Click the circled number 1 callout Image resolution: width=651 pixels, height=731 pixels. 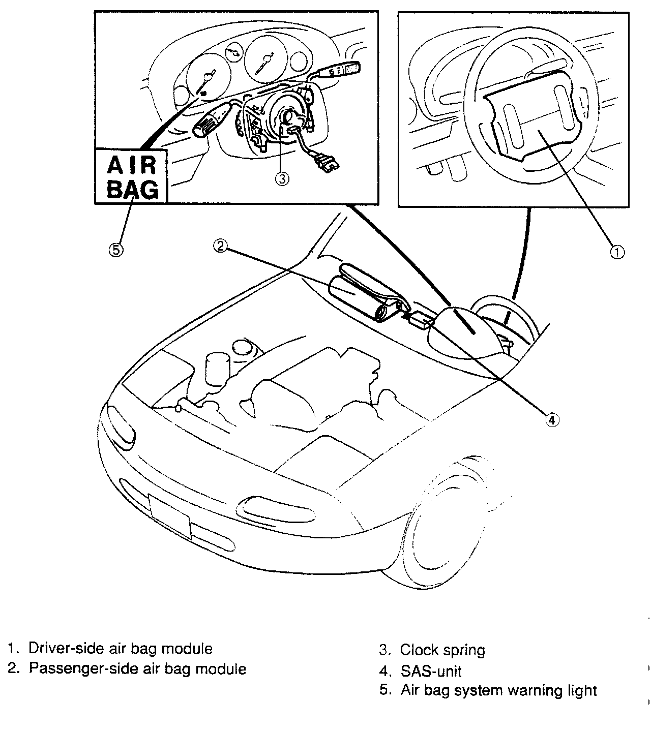617,252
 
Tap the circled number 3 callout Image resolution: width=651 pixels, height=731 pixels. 283,179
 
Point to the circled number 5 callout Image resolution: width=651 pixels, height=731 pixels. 116,250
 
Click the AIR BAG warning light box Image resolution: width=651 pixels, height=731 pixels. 131,176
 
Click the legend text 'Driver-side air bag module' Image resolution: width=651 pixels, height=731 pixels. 120,649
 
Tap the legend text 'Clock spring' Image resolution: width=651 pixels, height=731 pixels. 442,650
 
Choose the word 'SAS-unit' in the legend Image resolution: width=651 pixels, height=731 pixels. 431,671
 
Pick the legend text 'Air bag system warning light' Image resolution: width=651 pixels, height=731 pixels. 498,691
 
